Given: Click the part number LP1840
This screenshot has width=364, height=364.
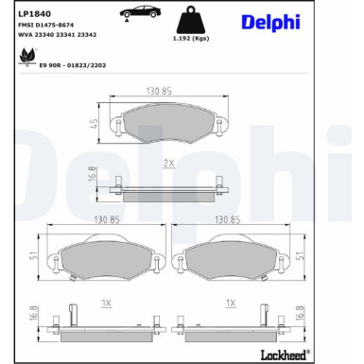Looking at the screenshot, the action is tap(34, 14).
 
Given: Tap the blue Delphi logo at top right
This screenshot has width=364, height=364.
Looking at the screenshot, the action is tap(270, 23).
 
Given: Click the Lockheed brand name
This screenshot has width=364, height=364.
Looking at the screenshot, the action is tap(284, 355).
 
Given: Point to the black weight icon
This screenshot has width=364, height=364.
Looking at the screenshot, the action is tap(191, 20).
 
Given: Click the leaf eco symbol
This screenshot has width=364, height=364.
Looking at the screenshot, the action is tap(26, 57).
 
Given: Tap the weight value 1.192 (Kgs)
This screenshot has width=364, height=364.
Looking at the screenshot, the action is tap(191, 39).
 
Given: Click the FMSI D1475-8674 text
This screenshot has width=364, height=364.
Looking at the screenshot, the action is tap(46, 25).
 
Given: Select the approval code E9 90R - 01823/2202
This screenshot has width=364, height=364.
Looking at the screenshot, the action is tap(73, 65).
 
